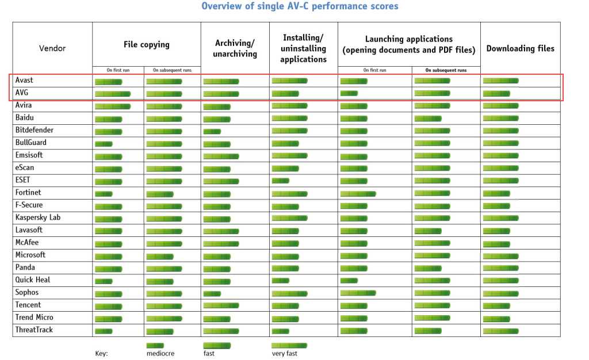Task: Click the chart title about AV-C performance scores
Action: pos(300,6)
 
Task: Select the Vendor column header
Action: pos(52,48)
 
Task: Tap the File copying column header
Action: pos(147,44)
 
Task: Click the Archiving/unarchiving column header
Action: pos(235,48)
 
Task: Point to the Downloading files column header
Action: pos(520,48)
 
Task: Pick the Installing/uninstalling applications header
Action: pos(303,48)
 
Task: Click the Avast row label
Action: pos(24,81)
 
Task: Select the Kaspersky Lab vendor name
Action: pos(38,217)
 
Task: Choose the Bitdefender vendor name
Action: pos(35,130)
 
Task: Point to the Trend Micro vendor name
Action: pos(35,317)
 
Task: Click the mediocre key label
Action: pos(160,353)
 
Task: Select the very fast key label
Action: pos(285,353)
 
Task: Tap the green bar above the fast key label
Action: pos(216,345)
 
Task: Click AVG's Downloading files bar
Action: pos(496,93)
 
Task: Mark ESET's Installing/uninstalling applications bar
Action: pos(280,181)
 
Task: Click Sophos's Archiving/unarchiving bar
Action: pos(212,293)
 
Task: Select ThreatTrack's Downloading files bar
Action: pos(500,331)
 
